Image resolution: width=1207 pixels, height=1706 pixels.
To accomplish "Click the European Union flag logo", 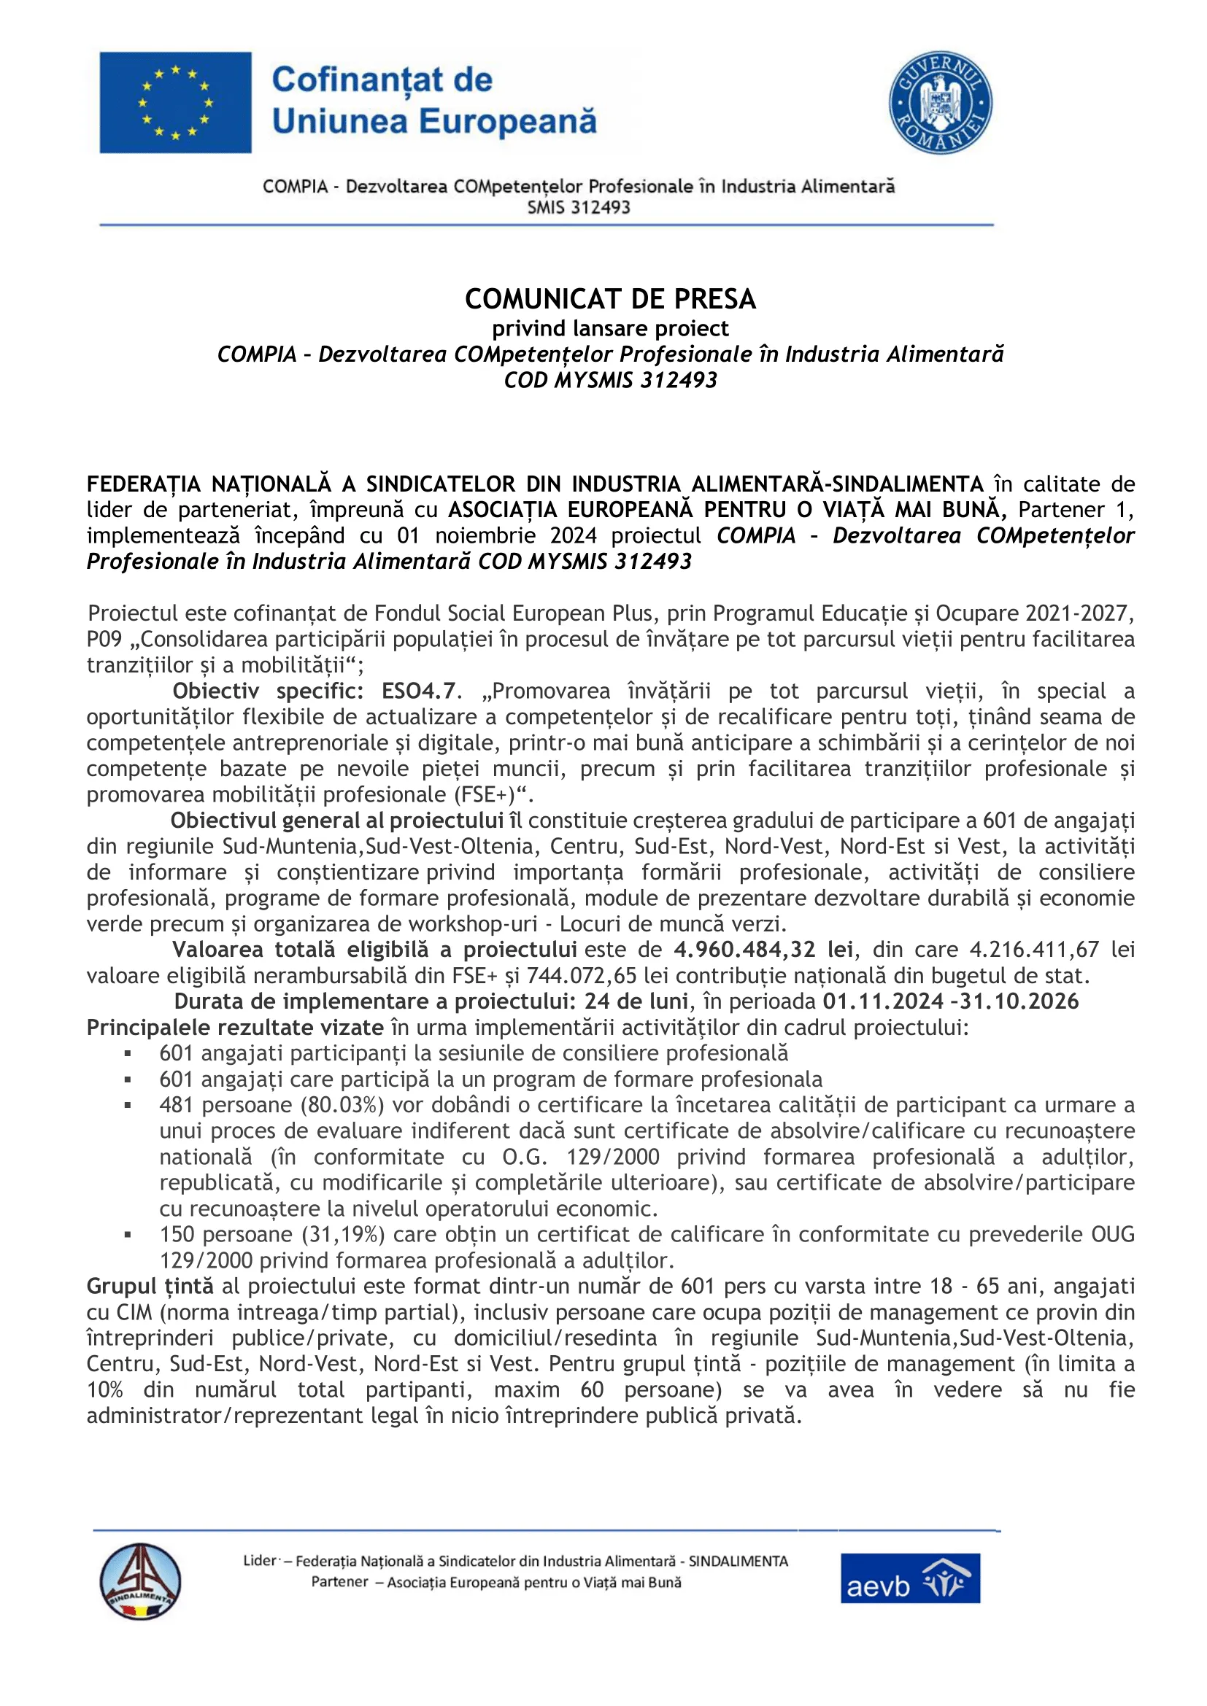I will pos(175,103).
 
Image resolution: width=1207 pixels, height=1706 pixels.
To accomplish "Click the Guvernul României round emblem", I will pos(940,103).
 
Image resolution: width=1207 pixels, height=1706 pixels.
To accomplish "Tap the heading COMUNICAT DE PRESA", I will pos(610,299).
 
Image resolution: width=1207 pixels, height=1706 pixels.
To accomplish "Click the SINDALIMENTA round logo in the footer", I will pos(139,1581).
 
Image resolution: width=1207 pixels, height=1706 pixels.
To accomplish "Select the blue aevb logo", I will pos(911,1578).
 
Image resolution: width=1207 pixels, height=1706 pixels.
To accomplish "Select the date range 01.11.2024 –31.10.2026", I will pos(951,1001).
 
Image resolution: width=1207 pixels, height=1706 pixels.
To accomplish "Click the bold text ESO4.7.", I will pos(418,691).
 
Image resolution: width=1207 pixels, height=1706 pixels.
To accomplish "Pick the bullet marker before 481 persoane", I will pos(128,1106).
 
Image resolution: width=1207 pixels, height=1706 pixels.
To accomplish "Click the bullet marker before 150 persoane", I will pos(128,1235).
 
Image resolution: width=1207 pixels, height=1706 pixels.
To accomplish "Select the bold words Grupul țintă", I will pos(150,1286).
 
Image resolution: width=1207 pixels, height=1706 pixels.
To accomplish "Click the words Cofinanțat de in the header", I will pos(382,80).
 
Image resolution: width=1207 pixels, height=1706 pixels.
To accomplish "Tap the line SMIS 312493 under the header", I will pos(578,207).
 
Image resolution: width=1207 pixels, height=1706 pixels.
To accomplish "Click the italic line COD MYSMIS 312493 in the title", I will pos(610,380).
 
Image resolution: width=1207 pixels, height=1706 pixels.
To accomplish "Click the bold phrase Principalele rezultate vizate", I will pos(235,1028).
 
